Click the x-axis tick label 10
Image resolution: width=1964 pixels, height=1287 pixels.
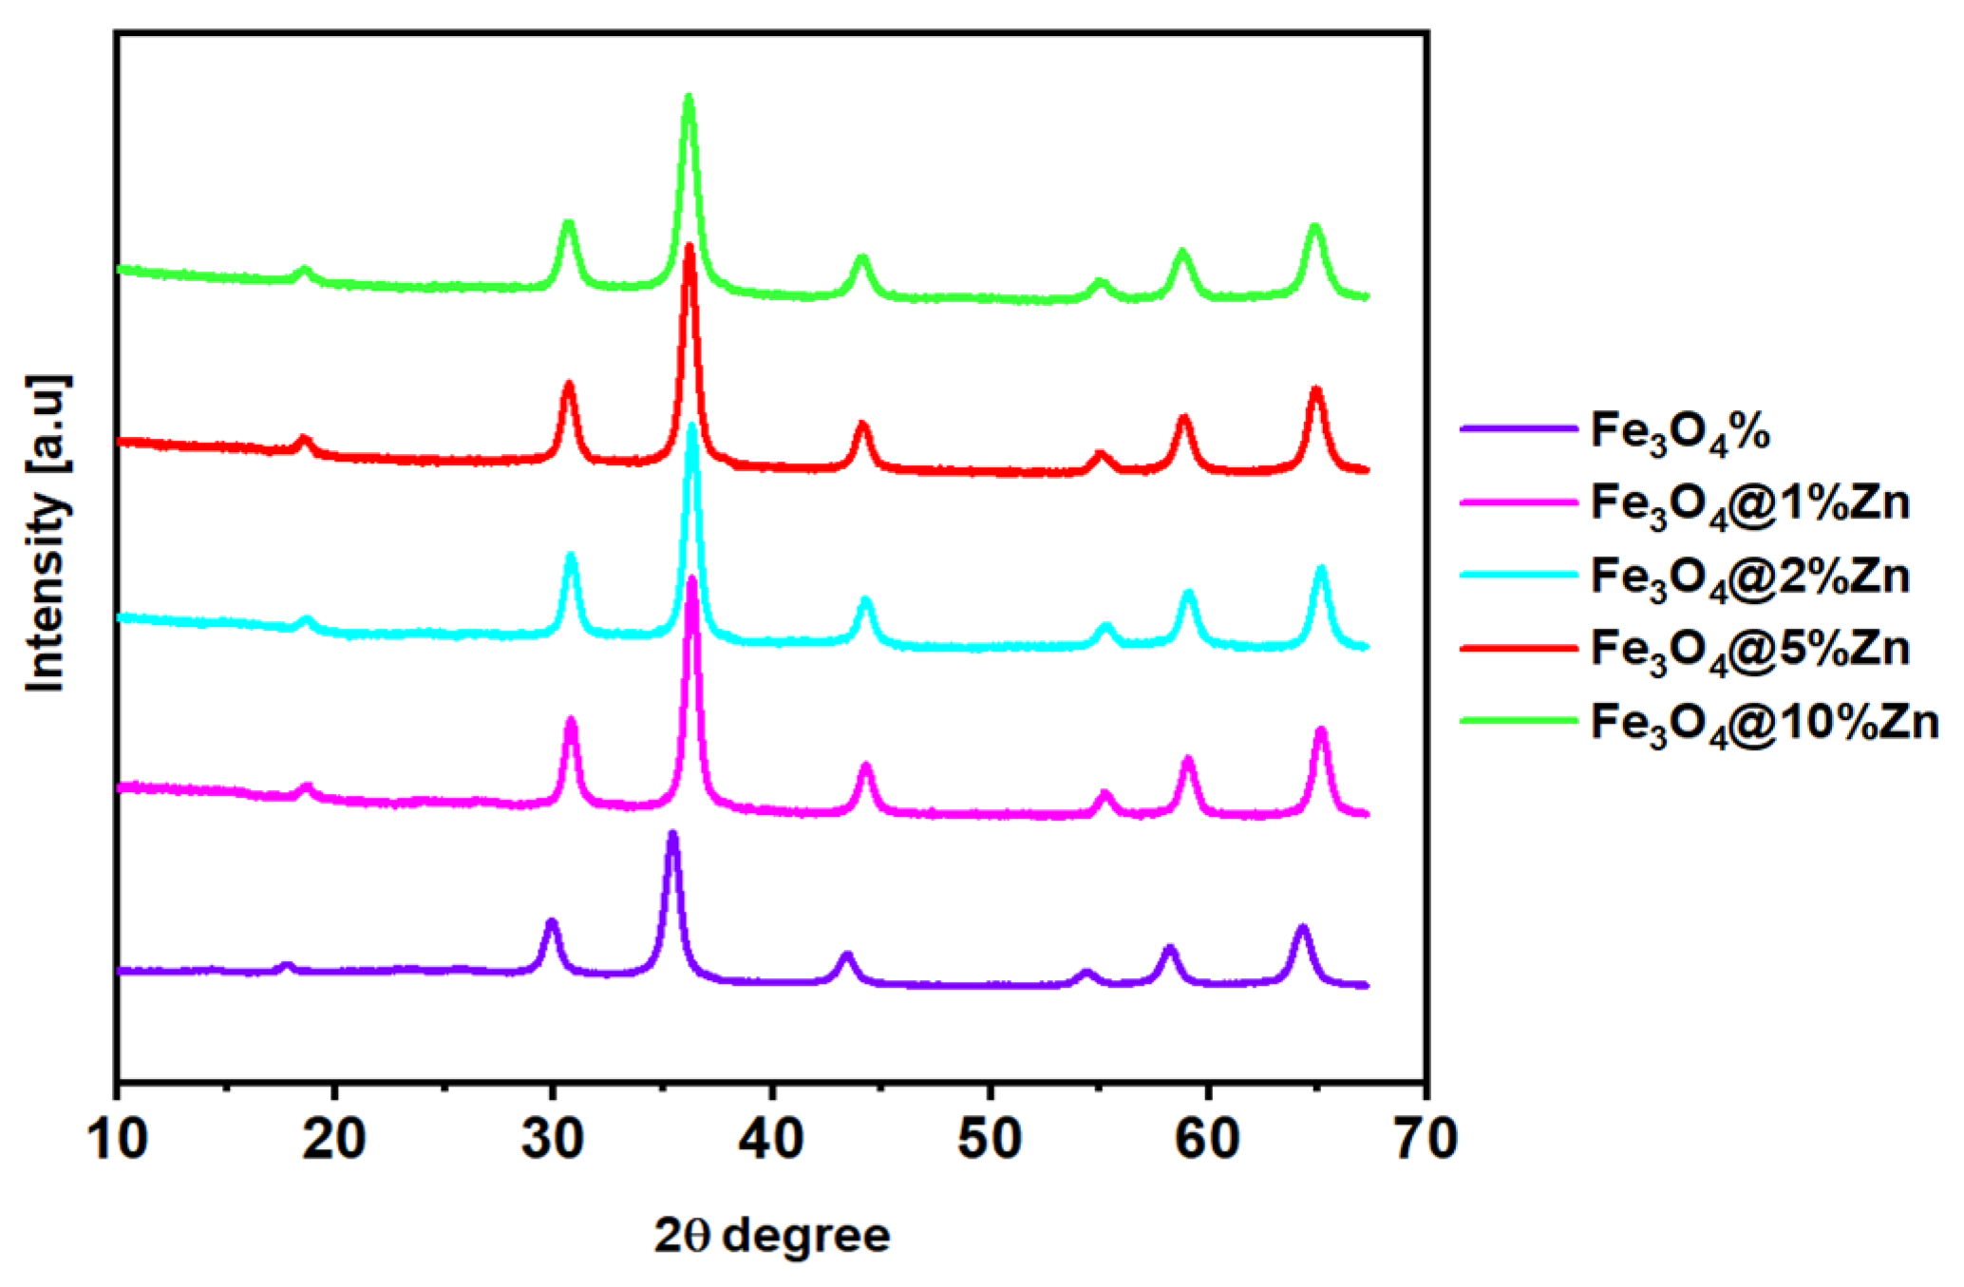(117, 1139)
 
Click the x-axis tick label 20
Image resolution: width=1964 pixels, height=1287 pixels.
(334, 1139)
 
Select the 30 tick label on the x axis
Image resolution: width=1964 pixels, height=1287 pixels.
(553, 1139)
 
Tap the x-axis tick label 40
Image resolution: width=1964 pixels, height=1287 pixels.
(771, 1139)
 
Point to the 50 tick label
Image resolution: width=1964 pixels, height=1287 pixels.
(990, 1139)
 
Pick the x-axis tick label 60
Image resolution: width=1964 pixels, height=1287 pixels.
(1207, 1139)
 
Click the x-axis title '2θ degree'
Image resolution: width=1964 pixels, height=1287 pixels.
(772, 1236)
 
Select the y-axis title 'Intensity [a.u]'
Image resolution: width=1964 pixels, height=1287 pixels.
(46, 535)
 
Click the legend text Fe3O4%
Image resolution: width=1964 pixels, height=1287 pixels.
(1680, 432)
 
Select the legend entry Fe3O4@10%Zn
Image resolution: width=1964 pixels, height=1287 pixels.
(1764, 724)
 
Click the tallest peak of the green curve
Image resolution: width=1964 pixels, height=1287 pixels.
(689, 97)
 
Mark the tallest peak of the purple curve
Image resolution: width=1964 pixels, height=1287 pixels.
(672, 835)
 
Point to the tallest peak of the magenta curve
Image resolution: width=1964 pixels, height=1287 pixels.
(691, 579)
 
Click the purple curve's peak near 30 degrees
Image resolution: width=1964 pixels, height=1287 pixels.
(551, 922)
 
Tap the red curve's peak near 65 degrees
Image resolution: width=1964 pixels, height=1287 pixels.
(1315, 390)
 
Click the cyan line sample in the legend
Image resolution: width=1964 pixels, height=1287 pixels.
(1518, 575)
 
